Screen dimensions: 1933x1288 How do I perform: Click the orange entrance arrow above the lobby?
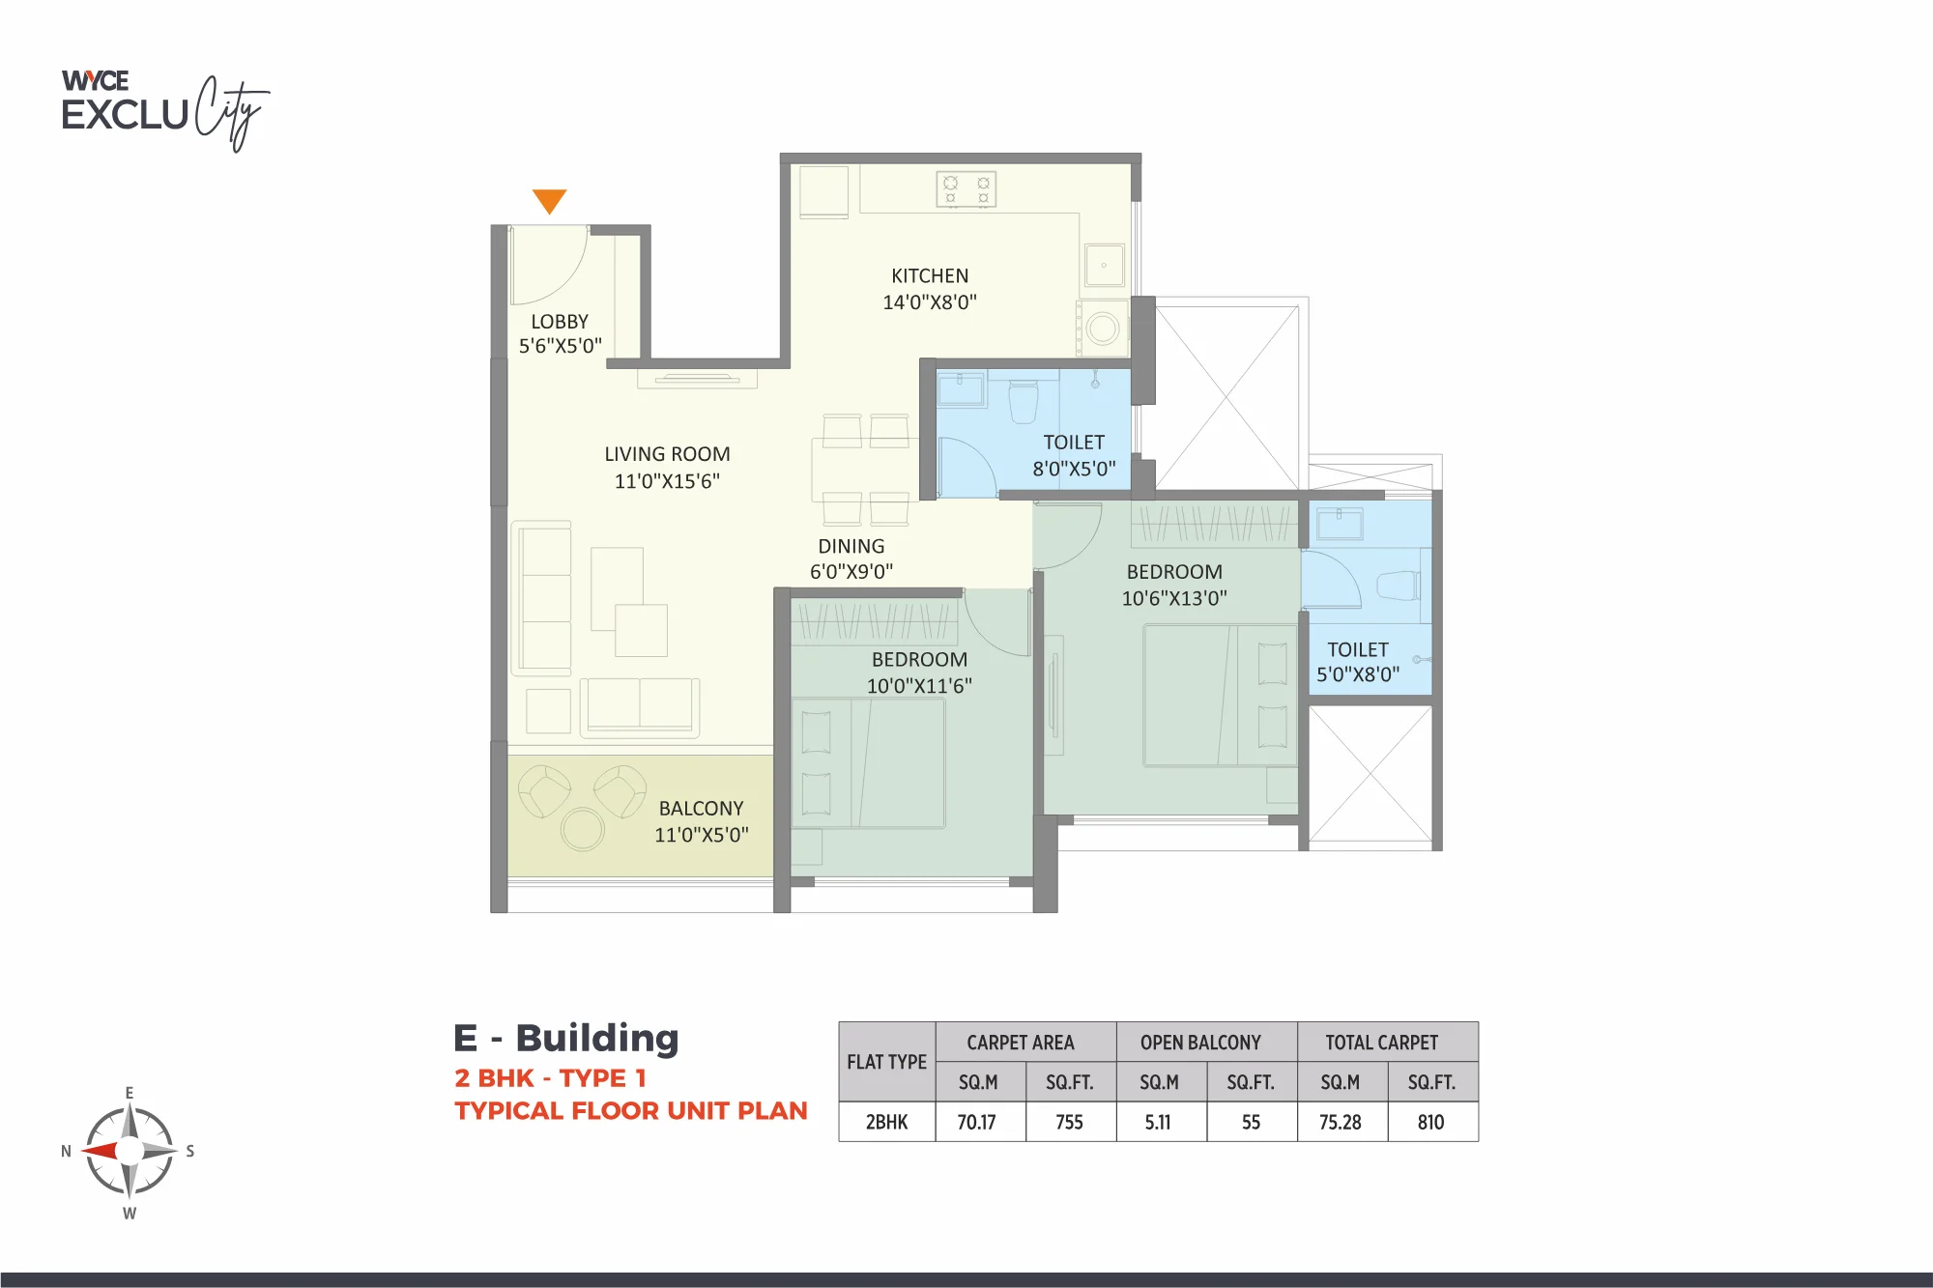549,200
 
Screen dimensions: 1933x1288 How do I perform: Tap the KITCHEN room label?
930,276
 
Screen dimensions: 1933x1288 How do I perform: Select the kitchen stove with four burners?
966,189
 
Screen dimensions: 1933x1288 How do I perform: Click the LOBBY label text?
560,322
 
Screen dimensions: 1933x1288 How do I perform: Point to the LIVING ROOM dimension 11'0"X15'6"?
667,481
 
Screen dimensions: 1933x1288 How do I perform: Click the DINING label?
851,547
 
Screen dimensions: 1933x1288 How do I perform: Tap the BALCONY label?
702,809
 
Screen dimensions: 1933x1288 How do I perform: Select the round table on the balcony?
583,829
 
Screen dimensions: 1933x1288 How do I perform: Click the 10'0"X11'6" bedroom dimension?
919,686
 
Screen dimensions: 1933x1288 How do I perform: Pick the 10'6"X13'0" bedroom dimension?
1174,598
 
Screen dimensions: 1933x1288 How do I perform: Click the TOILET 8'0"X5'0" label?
1074,455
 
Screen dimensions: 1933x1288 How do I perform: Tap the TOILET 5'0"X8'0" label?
1358,662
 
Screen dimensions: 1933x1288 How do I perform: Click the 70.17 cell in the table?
976,1122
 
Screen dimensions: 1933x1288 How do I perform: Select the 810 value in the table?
1430,1122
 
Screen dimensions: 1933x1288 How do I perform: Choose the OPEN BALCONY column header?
1200,1043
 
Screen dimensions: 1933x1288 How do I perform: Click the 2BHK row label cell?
886,1122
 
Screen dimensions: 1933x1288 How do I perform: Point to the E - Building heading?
566,1038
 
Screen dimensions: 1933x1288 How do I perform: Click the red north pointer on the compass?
101,1151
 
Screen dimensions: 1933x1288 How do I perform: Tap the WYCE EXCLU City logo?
164,110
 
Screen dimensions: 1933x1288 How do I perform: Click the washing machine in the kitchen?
1102,328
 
